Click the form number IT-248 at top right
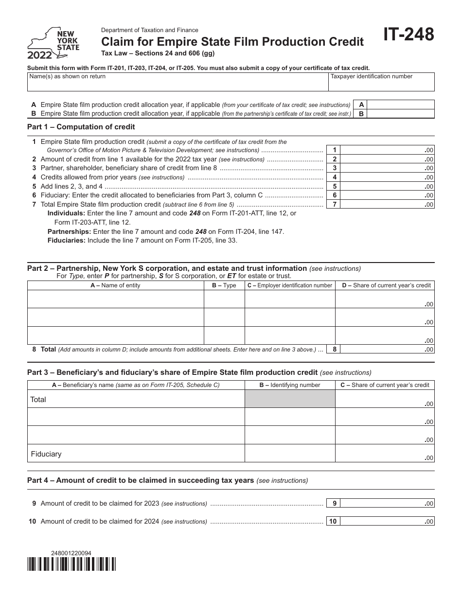409,35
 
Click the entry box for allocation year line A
401,105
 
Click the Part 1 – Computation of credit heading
81,127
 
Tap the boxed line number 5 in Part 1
334,187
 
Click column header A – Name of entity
115,285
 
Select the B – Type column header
224,285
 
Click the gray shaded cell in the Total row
290,399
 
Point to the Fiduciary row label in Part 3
46,454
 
